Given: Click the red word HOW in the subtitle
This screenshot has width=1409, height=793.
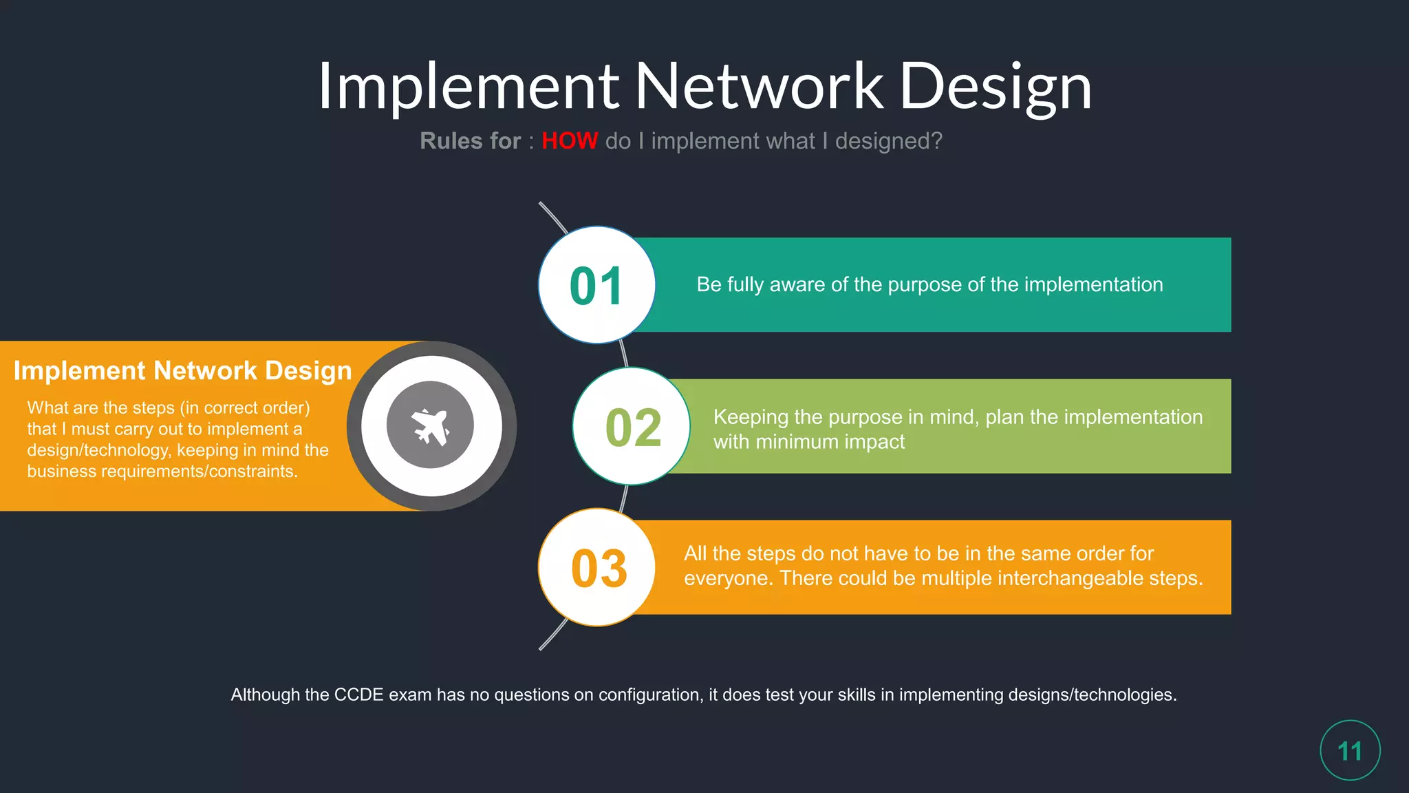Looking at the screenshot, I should pos(570,141).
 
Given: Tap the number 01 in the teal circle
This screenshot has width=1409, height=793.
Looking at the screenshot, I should pos(596,286).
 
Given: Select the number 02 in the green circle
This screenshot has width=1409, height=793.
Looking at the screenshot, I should pos(633,427).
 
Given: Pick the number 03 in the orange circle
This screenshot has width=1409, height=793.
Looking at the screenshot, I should pos(599,569).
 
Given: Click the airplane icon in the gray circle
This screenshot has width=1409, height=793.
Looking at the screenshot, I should pos(431,426).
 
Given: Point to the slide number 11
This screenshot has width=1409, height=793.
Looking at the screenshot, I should pos(1350,751).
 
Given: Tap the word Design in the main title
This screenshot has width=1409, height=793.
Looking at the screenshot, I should pos(996,87).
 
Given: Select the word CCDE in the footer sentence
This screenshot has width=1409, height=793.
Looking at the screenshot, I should pos(358,695).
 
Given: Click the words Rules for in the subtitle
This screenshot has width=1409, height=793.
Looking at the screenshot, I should pos(470,141).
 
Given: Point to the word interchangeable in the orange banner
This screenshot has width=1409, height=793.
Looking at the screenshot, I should pos(1070,578).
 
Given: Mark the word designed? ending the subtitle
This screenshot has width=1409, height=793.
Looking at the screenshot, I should pos(888,141).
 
